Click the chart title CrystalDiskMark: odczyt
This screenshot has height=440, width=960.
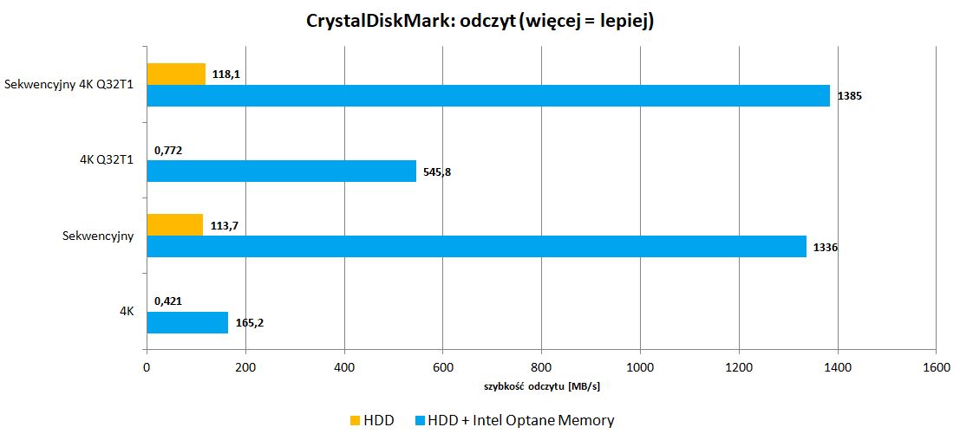coord(480,21)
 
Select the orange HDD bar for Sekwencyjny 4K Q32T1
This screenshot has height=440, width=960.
coord(176,74)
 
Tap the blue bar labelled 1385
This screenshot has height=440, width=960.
coord(487,95)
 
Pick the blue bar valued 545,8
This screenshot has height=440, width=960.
coord(281,171)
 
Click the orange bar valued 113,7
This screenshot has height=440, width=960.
coord(174,225)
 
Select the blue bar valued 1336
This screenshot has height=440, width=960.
coord(476,247)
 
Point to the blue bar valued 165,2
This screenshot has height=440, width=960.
coord(187,322)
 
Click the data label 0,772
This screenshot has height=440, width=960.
coord(168,150)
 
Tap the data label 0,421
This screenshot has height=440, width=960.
coord(168,301)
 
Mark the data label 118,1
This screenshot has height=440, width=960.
coord(225,74)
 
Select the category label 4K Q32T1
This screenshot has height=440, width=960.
coord(105,160)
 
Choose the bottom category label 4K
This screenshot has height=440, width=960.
coord(126,312)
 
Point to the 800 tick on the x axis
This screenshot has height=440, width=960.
coord(541,367)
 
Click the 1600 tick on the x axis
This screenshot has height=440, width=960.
coord(935,367)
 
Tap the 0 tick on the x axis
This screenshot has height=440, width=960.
coord(147,367)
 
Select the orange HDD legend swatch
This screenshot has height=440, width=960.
coord(355,421)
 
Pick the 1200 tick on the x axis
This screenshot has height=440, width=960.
coord(738,367)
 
